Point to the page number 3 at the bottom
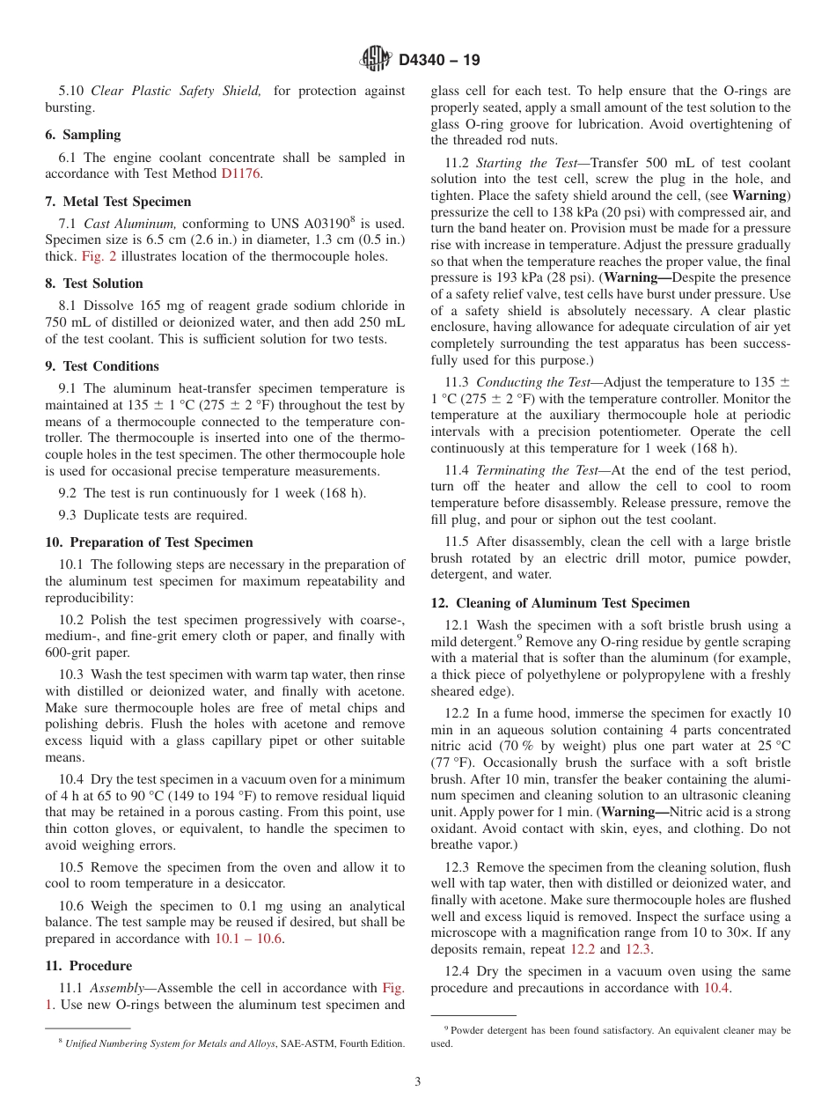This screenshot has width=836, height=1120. (417, 1081)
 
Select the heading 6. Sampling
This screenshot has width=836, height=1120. (83, 135)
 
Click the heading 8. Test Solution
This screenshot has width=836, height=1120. (93, 284)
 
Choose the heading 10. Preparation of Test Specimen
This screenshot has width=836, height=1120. (149, 542)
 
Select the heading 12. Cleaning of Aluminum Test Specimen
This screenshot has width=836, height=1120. (561, 603)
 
